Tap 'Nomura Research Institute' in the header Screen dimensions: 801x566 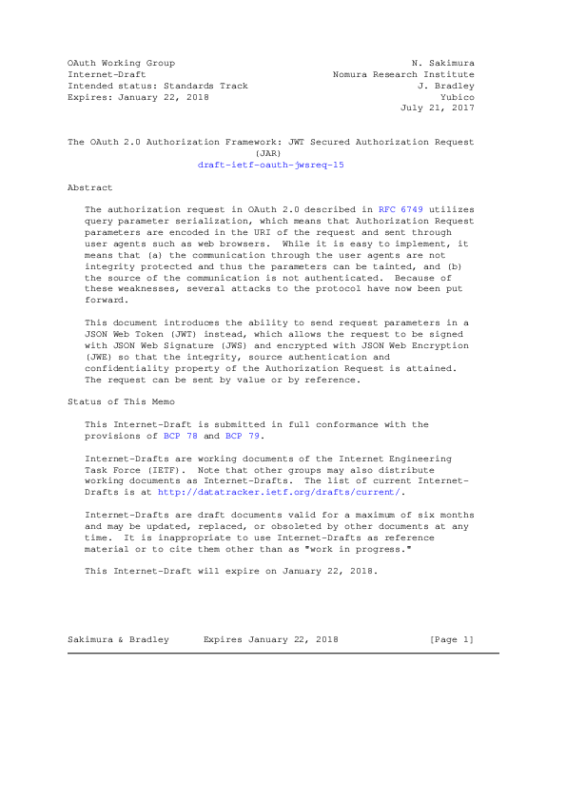pos(403,74)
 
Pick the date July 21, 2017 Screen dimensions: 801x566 pos(438,108)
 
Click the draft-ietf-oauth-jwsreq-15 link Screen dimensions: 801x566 pos(271,165)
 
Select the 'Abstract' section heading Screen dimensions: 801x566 pos(89,187)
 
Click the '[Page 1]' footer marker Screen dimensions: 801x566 pos(451,640)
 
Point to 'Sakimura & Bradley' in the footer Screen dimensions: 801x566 pos(118,640)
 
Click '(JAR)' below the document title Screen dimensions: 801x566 pos(270,153)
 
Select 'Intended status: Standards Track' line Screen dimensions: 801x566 pos(158,86)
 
